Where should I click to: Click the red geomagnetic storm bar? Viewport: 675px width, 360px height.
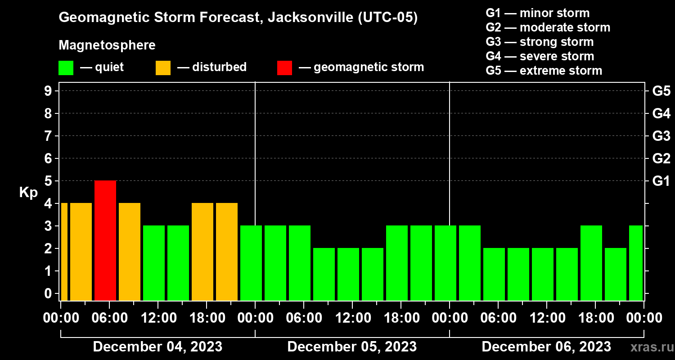tap(105, 240)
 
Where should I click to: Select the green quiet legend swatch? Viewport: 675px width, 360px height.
tap(66, 67)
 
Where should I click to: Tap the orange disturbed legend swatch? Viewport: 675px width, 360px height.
tap(163, 67)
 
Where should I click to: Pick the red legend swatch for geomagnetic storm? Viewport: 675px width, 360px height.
tap(284, 67)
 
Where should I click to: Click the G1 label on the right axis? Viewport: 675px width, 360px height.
tap(661, 181)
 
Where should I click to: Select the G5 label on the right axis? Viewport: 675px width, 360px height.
tap(661, 91)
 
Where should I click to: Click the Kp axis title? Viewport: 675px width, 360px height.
tap(28, 193)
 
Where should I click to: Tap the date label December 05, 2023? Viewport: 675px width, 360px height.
tap(352, 347)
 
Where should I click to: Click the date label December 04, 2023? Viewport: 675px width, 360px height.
tap(157, 347)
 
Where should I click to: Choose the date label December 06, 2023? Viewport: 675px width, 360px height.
tap(546, 347)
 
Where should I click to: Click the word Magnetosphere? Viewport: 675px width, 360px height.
tap(107, 45)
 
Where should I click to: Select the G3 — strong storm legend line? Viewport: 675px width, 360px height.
tap(540, 42)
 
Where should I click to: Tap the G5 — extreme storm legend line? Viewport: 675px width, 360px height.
tap(544, 71)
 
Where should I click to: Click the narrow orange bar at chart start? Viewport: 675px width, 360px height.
tap(64, 252)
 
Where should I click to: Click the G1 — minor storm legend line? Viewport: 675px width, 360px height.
tap(537, 13)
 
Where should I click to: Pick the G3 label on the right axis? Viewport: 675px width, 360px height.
tap(661, 136)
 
